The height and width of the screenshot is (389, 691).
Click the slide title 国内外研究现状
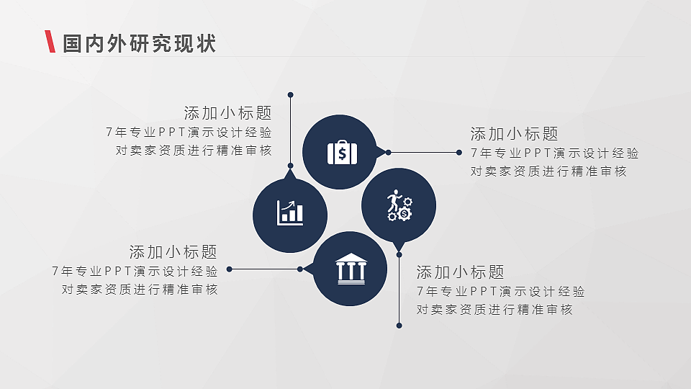click(x=139, y=43)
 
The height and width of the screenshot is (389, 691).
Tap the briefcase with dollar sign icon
click(x=342, y=153)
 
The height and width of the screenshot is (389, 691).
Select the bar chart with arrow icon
click(x=290, y=212)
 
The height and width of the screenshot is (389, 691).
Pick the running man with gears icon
click(x=398, y=205)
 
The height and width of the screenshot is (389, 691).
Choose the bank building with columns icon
click(x=351, y=269)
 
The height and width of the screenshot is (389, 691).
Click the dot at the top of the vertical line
click(x=290, y=94)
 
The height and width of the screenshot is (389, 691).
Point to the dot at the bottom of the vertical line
click(x=399, y=325)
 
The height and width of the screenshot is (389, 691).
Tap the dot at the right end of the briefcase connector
click(x=459, y=152)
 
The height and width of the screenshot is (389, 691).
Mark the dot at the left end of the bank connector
click(x=230, y=269)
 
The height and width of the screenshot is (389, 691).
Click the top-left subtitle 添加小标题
click(x=227, y=113)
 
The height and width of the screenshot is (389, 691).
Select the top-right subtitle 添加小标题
click(x=514, y=134)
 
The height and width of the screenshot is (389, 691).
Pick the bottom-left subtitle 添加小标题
click(x=173, y=252)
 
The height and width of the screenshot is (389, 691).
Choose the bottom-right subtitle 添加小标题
click(x=460, y=272)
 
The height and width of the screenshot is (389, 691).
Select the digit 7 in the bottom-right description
click(x=420, y=292)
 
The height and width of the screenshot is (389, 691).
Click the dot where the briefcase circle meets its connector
click(x=388, y=152)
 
